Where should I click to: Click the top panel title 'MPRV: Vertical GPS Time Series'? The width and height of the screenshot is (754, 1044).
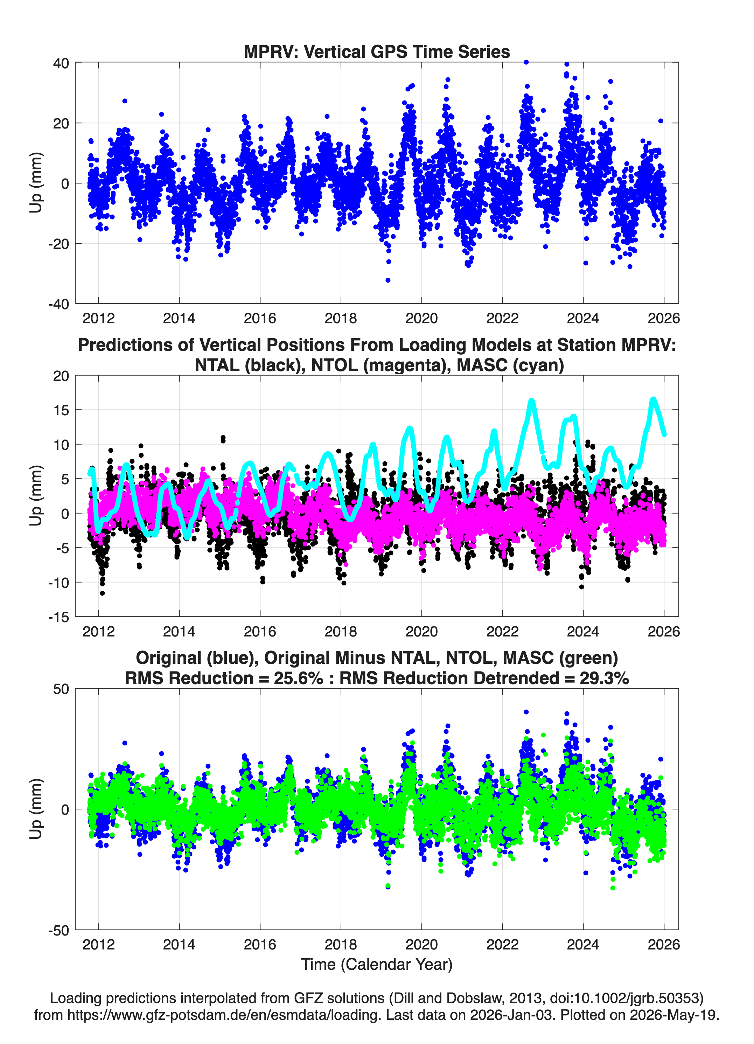pyautogui.click(x=377, y=51)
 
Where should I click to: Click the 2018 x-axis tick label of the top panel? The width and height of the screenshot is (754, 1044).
pyautogui.click(x=341, y=318)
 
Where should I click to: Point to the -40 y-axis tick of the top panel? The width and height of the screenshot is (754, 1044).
pyautogui.click(x=58, y=304)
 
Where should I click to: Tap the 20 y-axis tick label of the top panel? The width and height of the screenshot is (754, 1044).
pyautogui.click(x=61, y=123)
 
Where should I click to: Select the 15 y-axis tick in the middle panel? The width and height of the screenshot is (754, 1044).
pyautogui.click(x=61, y=410)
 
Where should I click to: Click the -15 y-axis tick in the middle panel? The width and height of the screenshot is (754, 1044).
pyautogui.click(x=58, y=617)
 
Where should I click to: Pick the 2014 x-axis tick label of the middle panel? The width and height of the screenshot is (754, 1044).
pyautogui.click(x=179, y=631)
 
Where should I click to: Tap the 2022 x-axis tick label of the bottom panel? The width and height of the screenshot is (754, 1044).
pyautogui.click(x=502, y=944)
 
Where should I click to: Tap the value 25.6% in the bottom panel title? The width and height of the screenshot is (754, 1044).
pyautogui.click(x=298, y=678)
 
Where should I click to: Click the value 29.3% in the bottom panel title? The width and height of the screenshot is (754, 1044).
pyautogui.click(x=604, y=678)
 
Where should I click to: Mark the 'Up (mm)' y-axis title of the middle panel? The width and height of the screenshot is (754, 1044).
pyautogui.click(x=36, y=496)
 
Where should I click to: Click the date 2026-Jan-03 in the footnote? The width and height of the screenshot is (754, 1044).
pyautogui.click(x=511, y=1015)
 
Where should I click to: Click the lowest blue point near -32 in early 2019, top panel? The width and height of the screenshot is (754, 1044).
pyautogui.click(x=388, y=280)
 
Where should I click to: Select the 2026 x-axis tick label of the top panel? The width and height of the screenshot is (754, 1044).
pyautogui.click(x=664, y=318)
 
